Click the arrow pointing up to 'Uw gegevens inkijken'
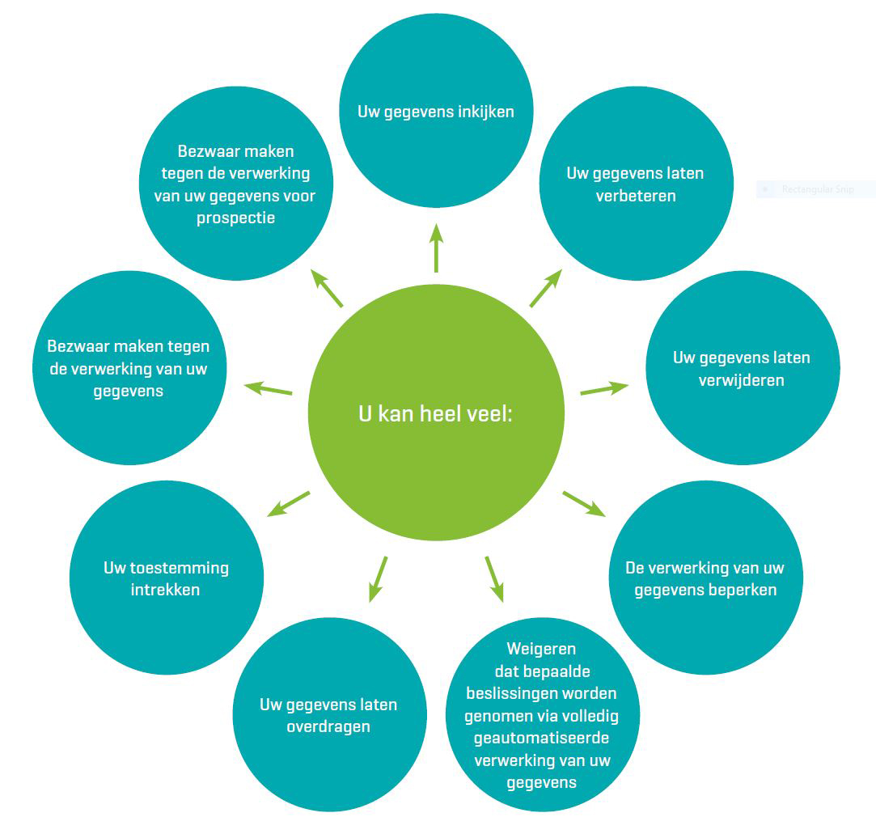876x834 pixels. [436, 248]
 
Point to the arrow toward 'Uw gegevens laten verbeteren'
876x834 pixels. [545, 288]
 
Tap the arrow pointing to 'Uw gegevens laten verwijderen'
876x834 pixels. [603, 389]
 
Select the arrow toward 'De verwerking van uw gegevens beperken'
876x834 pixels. [583, 502]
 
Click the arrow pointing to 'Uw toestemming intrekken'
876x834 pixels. [289, 503]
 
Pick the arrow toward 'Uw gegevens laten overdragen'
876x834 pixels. [378, 578]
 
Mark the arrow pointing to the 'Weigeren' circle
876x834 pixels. [494, 578]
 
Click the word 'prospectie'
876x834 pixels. [235, 218]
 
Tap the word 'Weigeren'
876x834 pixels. [541, 649]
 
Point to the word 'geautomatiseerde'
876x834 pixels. [541, 739]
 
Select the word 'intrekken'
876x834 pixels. [166, 590]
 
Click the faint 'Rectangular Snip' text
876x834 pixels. [817, 190]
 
